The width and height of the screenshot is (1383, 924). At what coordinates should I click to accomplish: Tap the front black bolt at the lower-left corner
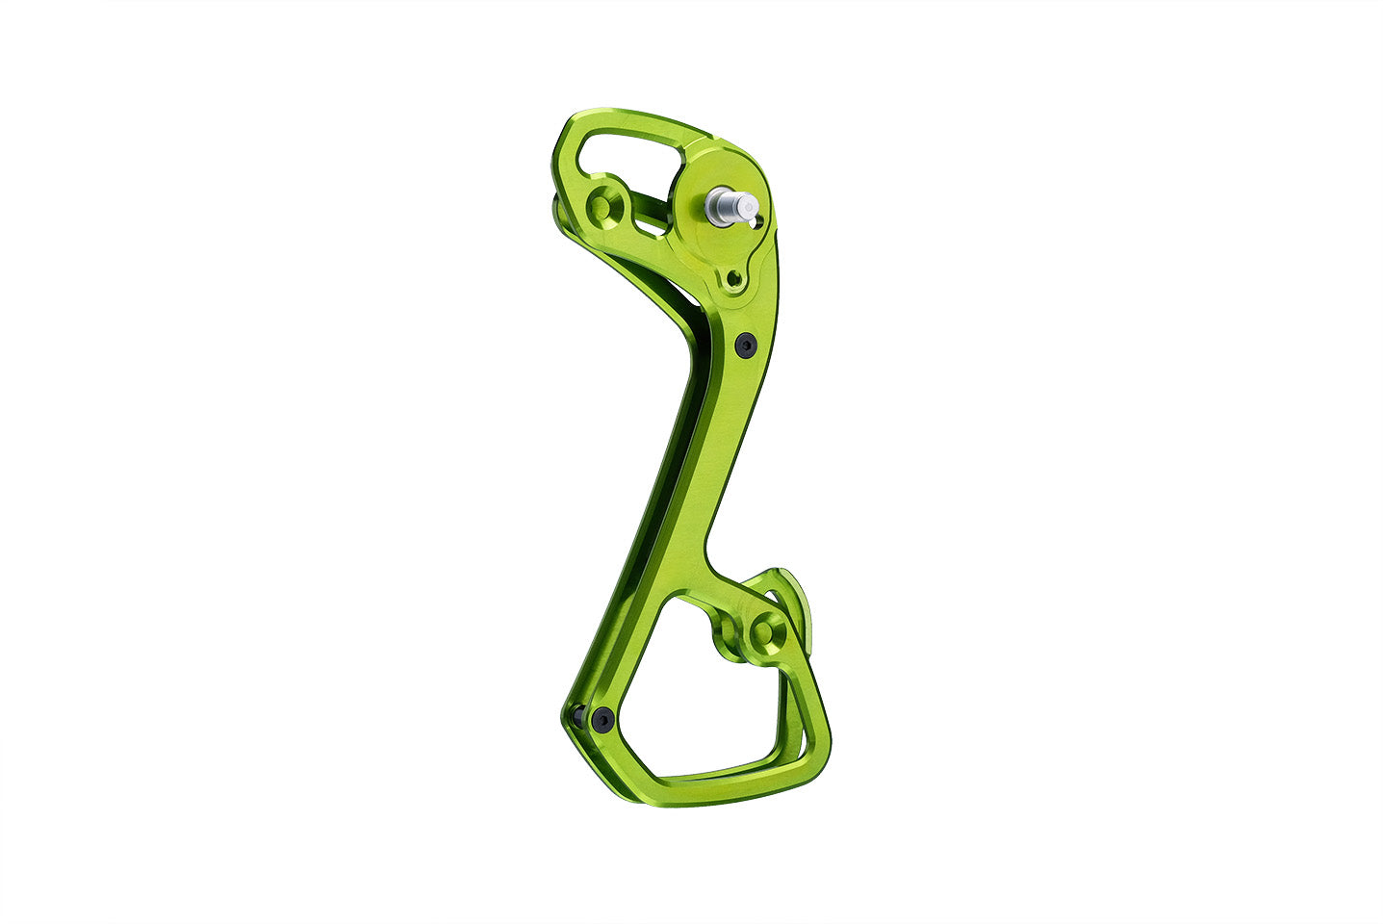pyautogui.click(x=602, y=717)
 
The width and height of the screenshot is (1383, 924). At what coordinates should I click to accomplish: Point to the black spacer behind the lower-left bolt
pyautogui.click(x=577, y=715)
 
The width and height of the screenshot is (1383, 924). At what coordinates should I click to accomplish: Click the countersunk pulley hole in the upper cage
pyautogui.click(x=604, y=205)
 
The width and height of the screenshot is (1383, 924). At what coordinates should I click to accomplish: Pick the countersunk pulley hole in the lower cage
pyautogui.click(x=768, y=631)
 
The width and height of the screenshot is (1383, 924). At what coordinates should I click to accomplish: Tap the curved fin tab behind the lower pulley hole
pyautogui.click(x=797, y=602)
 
